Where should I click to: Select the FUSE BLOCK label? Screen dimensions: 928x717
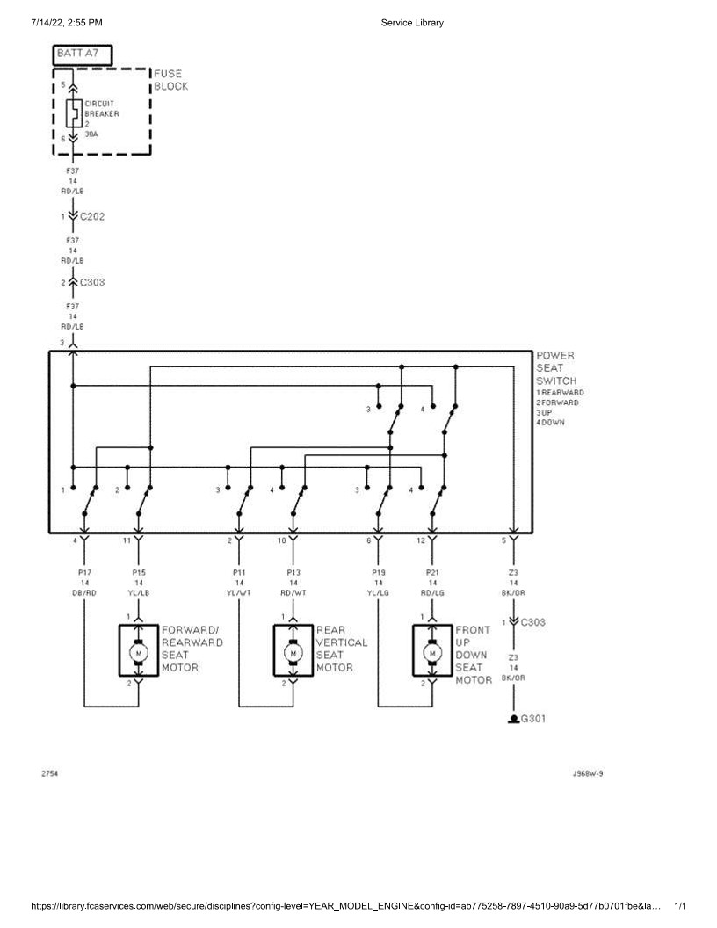coord(170,81)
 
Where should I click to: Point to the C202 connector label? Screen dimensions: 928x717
coord(91,216)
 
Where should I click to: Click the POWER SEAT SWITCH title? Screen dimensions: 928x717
coord(555,368)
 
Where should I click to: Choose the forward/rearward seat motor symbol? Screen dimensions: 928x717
coord(137,651)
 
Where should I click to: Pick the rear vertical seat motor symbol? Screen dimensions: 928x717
coord(292,651)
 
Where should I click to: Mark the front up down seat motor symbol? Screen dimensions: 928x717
coord(431,651)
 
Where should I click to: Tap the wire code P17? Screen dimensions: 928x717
coord(84,571)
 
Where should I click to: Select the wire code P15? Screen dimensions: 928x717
coord(138,571)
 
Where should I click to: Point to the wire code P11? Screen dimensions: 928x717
coord(239,571)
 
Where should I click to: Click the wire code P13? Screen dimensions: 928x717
coord(293,571)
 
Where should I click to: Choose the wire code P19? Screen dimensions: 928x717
coord(379,571)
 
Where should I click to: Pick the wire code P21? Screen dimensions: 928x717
coord(432,571)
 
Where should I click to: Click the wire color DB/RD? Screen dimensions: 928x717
coord(84,592)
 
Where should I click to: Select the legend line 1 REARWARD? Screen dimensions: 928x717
coord(560,392)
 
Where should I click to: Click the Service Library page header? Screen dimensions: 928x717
coord(412,22)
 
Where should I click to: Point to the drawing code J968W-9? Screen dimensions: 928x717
coord(587,774)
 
